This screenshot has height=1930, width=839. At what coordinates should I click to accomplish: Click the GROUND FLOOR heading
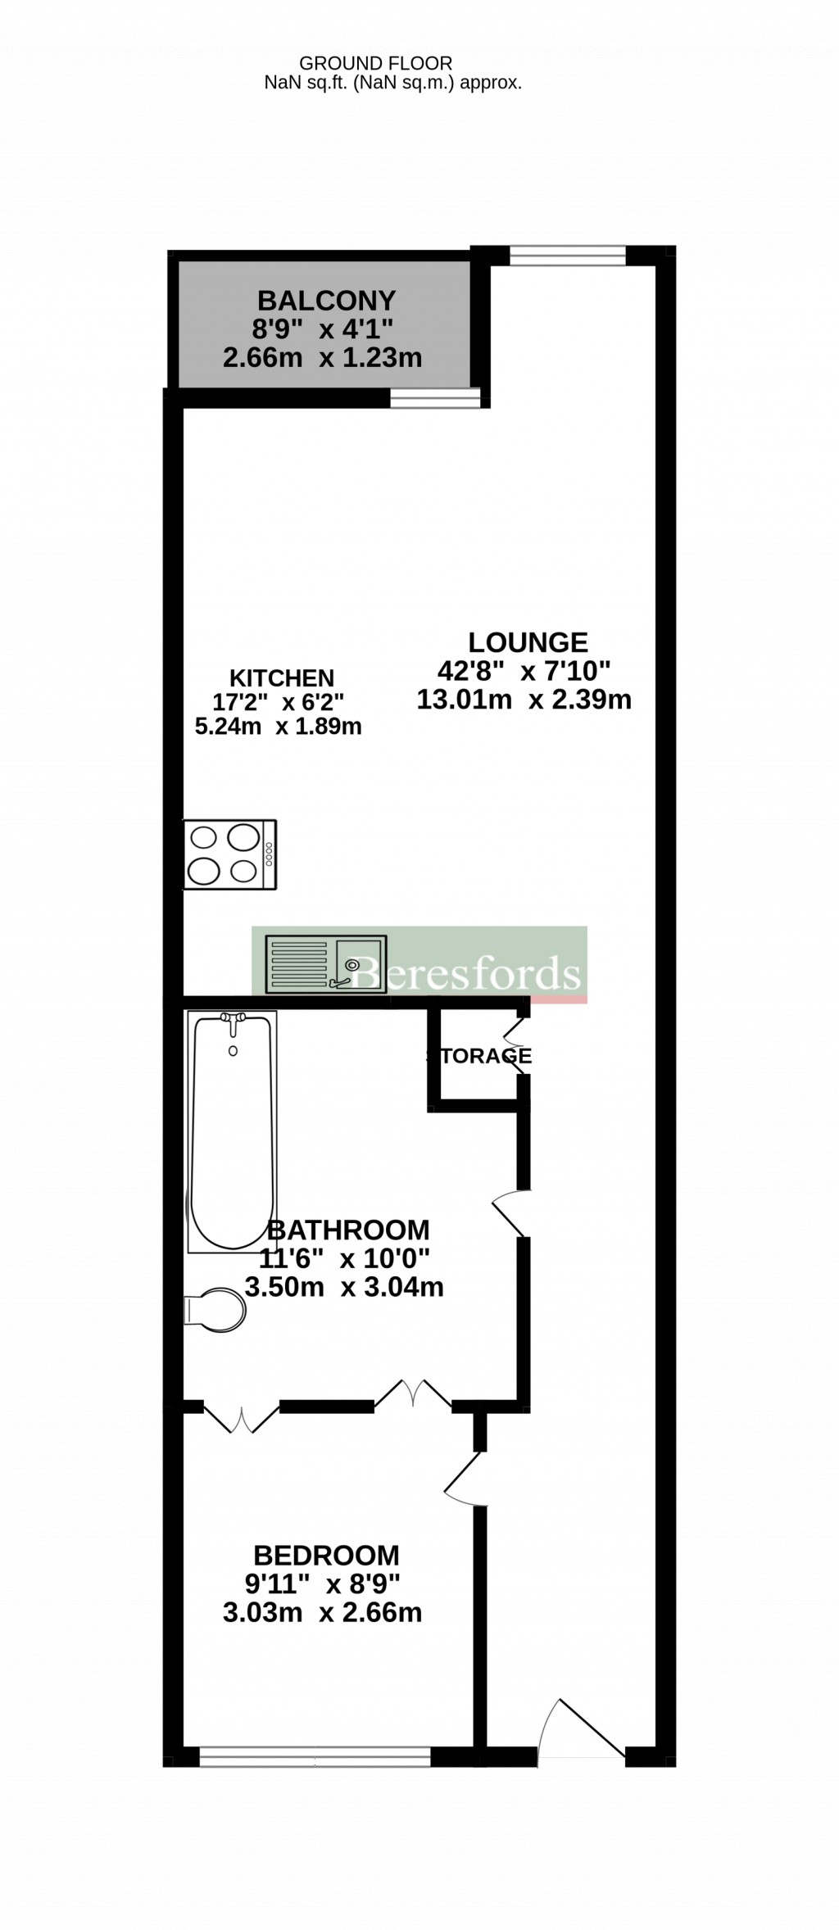pyautogui.click(x=375, y=63)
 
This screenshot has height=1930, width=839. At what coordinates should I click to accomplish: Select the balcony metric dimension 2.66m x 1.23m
pyautogui.click(x=322, y=358)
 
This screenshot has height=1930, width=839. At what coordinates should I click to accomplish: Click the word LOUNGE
pyautogui.click(x=528, y=641)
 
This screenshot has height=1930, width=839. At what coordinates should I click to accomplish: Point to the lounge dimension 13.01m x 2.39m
pyautogui.click(x=524, y=700)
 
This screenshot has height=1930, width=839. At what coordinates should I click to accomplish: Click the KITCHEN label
pyautogui.click(x=281, y=678)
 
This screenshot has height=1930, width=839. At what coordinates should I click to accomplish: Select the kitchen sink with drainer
pyautogui.click(x=325, y=964)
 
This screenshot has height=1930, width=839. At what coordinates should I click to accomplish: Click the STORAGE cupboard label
pyautogui.click(x=479, y=1056)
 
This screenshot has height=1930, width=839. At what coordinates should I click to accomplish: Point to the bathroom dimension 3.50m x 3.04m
pyautogui.click(x=344, y=1287)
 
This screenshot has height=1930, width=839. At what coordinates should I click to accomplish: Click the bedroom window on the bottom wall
pyautogui.click(x=315, y=1756)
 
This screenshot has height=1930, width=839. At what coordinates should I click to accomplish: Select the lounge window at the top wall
pyautogui.click(x=567, y=256)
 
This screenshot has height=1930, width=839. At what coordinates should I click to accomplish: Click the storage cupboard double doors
pyautogui.click(x=518, y=1055)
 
